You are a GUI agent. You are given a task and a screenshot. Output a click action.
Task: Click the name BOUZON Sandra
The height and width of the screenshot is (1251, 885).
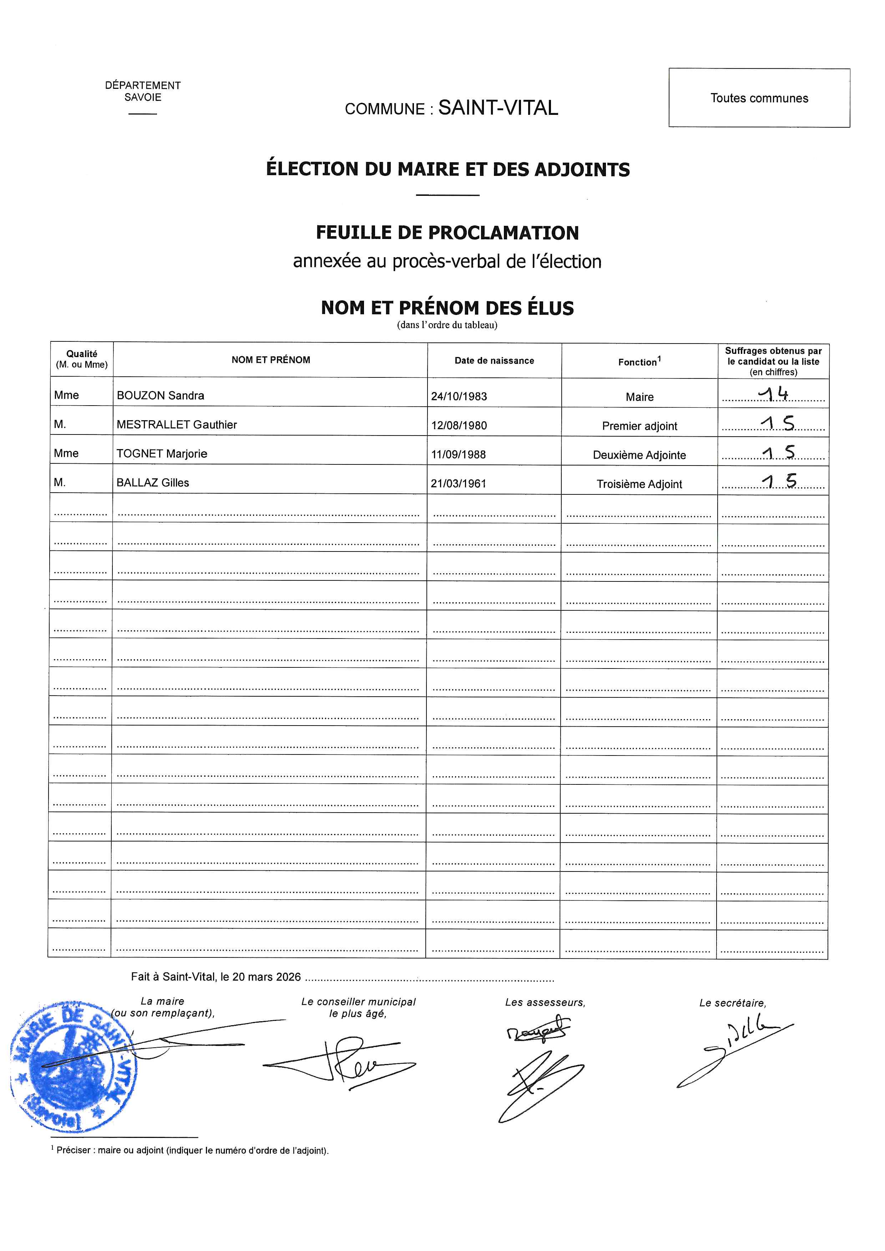click(x=160, y=396)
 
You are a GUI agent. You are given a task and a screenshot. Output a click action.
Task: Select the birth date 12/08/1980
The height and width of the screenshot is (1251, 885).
click(x=459, y=425)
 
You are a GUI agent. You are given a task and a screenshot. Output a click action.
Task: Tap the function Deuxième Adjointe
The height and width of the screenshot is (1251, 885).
click(x=639, y=455)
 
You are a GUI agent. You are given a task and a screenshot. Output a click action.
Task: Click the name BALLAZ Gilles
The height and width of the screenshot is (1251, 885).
click(x=153, y=483)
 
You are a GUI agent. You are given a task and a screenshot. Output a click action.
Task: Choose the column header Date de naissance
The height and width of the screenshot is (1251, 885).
click(x=494, y=361)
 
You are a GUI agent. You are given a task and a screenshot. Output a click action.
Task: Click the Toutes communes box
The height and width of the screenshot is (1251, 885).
click(x=759, y=98)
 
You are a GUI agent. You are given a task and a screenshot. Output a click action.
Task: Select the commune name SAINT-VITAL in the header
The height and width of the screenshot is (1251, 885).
click(x=498, y=108)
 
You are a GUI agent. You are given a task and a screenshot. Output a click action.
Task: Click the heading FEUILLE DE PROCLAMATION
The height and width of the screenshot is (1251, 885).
click(x=447, y=233)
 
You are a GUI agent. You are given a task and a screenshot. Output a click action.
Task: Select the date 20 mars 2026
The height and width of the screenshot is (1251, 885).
click(x=267, y=977)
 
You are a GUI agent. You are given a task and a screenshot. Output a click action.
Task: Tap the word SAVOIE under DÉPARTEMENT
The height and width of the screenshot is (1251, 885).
click(x=143, y=97)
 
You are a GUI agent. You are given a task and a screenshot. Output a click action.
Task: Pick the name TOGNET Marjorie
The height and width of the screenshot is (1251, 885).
click(x=162, y=454)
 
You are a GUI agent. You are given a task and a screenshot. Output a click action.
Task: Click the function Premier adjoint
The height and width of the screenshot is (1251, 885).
click(x=639, y=426)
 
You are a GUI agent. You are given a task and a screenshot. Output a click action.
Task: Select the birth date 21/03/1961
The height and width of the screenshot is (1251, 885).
click(x=458, y=483)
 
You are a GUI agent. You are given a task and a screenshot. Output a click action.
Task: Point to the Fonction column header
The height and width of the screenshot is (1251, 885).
click(x=639, y=362)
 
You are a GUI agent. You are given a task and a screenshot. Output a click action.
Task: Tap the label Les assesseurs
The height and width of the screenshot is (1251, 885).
click(x=545, y=1002)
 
